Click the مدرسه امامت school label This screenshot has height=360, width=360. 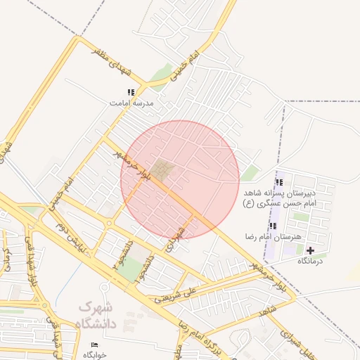click(131, 103)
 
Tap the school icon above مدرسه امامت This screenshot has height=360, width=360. click(131, 92)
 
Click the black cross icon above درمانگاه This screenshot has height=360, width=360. click(310, 250)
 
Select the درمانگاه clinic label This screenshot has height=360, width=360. click(310, 261)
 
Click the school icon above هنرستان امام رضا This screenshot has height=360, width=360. click(273, 226)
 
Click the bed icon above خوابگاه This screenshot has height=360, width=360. click(95, 345)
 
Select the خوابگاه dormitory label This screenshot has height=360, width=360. click(95, 355)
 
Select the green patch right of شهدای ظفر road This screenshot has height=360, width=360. click(162, 72)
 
